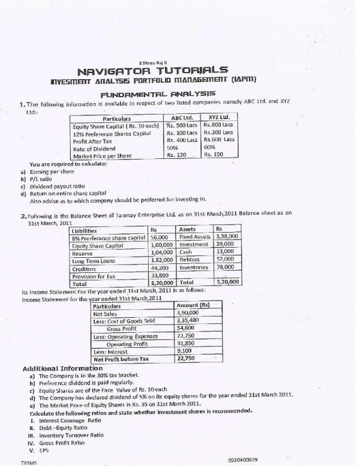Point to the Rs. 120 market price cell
[177, 155]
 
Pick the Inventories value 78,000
[225, 268]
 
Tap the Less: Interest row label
[110, 351]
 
